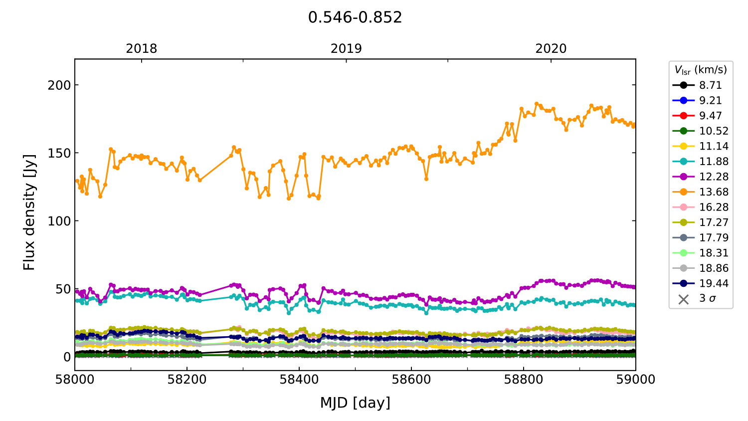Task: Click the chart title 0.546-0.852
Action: (x=355, y=17)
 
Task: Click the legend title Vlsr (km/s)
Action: (x=701, y=70)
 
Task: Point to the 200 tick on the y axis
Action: (x=59, y=85)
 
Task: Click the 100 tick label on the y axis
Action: (x=59, y=221)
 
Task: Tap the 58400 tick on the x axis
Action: (x=299, y=380)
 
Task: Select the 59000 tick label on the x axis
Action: (x=635, y=380)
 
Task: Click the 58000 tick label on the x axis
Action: (x=75, y=380)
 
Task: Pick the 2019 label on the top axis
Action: (x=346, y=49)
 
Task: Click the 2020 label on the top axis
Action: (x=551, y=49)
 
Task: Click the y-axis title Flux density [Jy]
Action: (x=29, y=212)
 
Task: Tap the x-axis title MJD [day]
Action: (x=355, y=403)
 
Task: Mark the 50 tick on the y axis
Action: (x=63, y=289)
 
